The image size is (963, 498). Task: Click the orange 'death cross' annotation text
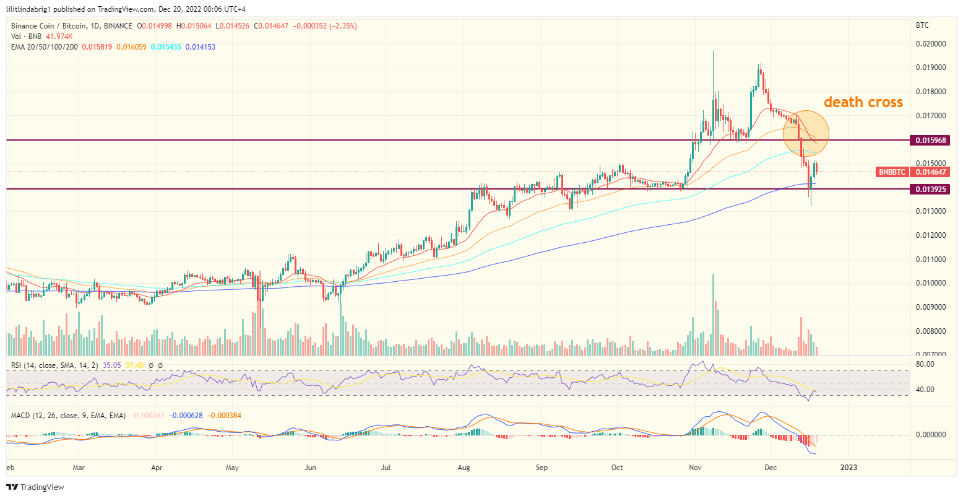point(863,102)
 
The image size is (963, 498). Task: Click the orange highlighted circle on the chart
point(805,133)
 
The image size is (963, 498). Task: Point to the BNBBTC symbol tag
point(892,172)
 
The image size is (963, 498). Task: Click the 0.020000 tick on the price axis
point(930,44)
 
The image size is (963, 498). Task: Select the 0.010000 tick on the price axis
point(930,283)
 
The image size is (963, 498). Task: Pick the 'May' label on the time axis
point(232,468)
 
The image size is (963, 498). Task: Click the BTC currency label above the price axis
point(922,25)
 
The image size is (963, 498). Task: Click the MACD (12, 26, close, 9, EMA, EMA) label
point(68,415)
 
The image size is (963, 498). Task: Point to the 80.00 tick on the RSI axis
point(925,364)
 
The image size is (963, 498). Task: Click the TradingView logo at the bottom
point(35,487)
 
